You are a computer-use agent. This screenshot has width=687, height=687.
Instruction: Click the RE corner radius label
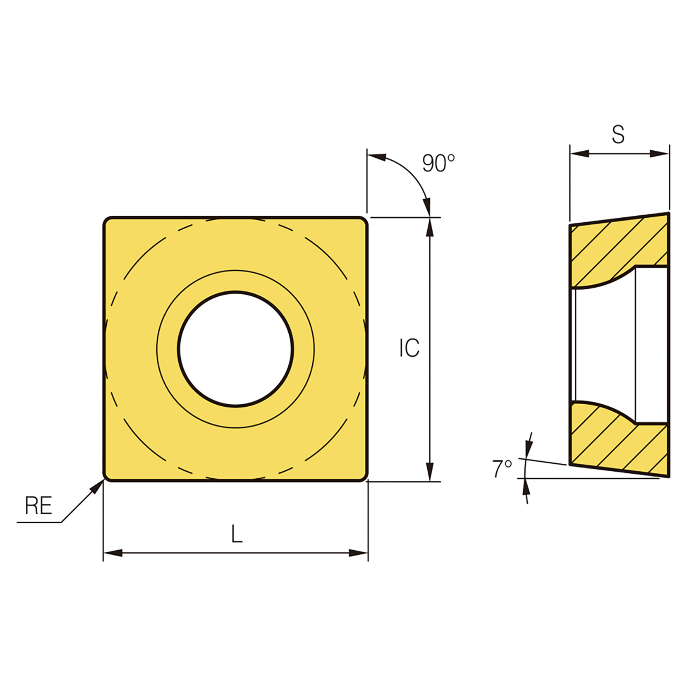(39, 506)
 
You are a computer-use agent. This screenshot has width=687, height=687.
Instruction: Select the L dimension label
(237, 534)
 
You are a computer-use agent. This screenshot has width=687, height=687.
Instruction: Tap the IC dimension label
(409, 348)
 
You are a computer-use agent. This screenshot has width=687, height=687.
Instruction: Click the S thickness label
(618, 135)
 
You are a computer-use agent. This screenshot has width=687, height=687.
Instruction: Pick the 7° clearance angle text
(502, 469)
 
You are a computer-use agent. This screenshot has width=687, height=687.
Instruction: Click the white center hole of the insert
(236, 349)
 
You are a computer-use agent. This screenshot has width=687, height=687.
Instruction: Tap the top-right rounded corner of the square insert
(363, 221)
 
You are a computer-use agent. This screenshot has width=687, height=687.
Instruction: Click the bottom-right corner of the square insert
(363, 477)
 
